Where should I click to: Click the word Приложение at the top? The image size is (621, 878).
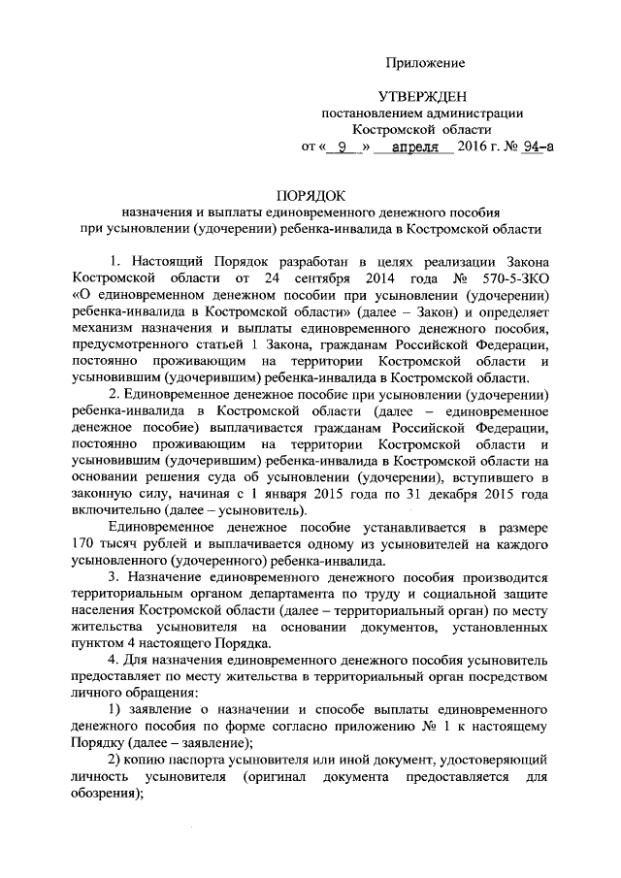pos(425,63)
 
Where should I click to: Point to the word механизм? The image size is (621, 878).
pos(110,329)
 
